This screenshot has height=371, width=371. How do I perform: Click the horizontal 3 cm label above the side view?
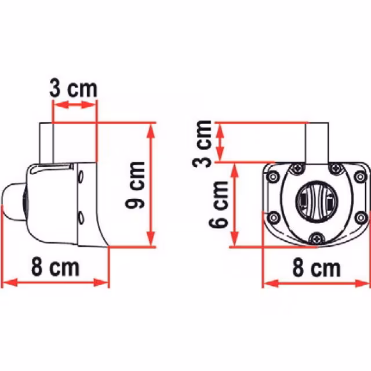pos(74,89)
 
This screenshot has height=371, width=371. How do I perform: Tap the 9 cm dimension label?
pos(135,185)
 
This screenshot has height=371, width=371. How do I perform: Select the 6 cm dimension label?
pos(219,205)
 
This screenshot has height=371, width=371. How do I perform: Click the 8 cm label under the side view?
pos(55,267)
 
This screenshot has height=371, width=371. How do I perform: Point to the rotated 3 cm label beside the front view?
pos(202,144)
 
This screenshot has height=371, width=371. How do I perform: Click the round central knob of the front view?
pos(317,202)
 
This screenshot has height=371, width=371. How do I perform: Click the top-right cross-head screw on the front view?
pos(336,169)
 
